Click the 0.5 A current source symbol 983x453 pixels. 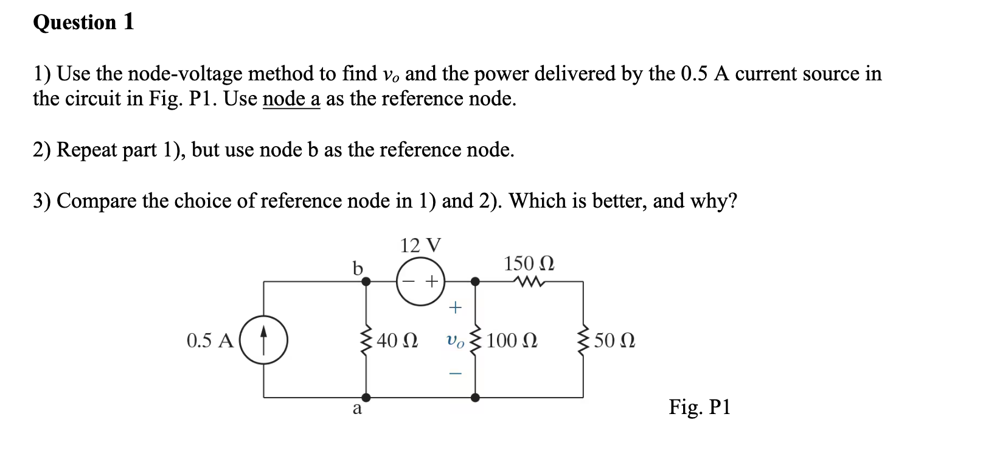264,340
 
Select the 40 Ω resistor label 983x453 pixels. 397,340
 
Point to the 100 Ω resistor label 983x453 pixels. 512,340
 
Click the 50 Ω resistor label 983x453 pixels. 614,340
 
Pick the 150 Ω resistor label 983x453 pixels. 529,264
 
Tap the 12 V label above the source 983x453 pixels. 420,245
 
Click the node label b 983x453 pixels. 358,268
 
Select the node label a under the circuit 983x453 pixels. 357,409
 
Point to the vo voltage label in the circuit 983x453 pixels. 455,342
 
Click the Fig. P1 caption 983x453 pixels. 699,406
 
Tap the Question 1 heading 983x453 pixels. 83,23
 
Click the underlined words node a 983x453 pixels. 291,99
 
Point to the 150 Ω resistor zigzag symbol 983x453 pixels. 529,281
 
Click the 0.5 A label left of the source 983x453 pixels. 210,340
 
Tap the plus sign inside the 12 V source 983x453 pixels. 431,281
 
